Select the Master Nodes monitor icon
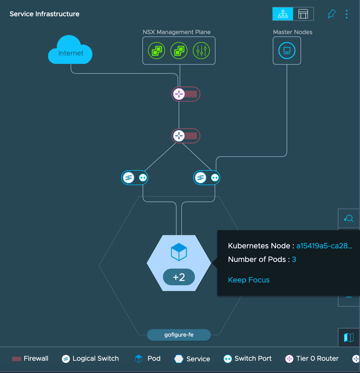(287, 51)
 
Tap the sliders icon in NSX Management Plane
(201, 51)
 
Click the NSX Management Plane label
(176, 32)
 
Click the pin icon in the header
(331, 14)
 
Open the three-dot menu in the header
(346, 14)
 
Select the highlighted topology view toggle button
(283, 14)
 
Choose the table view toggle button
(303, 14)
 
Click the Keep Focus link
(249, 280)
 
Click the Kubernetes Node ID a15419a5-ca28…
(324, 246)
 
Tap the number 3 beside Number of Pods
(294, 259)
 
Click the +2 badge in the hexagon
(179, 277)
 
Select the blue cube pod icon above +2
(179, 252)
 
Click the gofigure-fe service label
(179, 335)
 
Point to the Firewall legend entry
(30, 359)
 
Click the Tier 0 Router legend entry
(312, 359)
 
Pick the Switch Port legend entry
(248, 359)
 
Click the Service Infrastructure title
(44, 14)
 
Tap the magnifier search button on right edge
(349, 219)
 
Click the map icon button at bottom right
(349, 337)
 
